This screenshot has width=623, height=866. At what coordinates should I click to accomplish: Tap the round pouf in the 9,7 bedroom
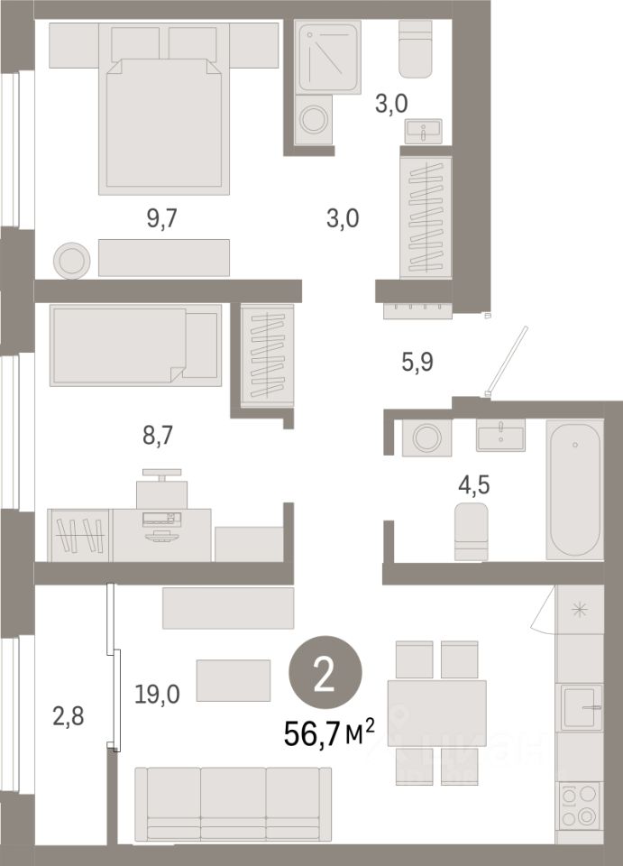pos(72,260)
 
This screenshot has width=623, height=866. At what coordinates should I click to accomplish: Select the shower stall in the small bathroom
pos(328,56)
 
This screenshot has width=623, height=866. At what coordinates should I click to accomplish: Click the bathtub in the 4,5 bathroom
pos(574,492)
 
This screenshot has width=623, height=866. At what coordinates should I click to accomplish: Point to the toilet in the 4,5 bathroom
pos(471,531)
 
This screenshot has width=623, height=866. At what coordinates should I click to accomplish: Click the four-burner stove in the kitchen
pos(579,805)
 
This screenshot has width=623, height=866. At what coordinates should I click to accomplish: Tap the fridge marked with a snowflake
pos(579,609)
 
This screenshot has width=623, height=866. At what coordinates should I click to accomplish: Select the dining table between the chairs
pos(436,713)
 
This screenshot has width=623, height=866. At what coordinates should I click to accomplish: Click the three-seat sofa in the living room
pos(233,803)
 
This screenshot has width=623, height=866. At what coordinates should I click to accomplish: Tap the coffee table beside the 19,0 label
pos(234,680)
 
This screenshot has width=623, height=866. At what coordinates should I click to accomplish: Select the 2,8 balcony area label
pos(69,717)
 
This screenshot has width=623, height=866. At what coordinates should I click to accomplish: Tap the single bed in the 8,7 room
pos(135,344)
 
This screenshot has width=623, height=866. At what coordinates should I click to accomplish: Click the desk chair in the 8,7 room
pos(162,487)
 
